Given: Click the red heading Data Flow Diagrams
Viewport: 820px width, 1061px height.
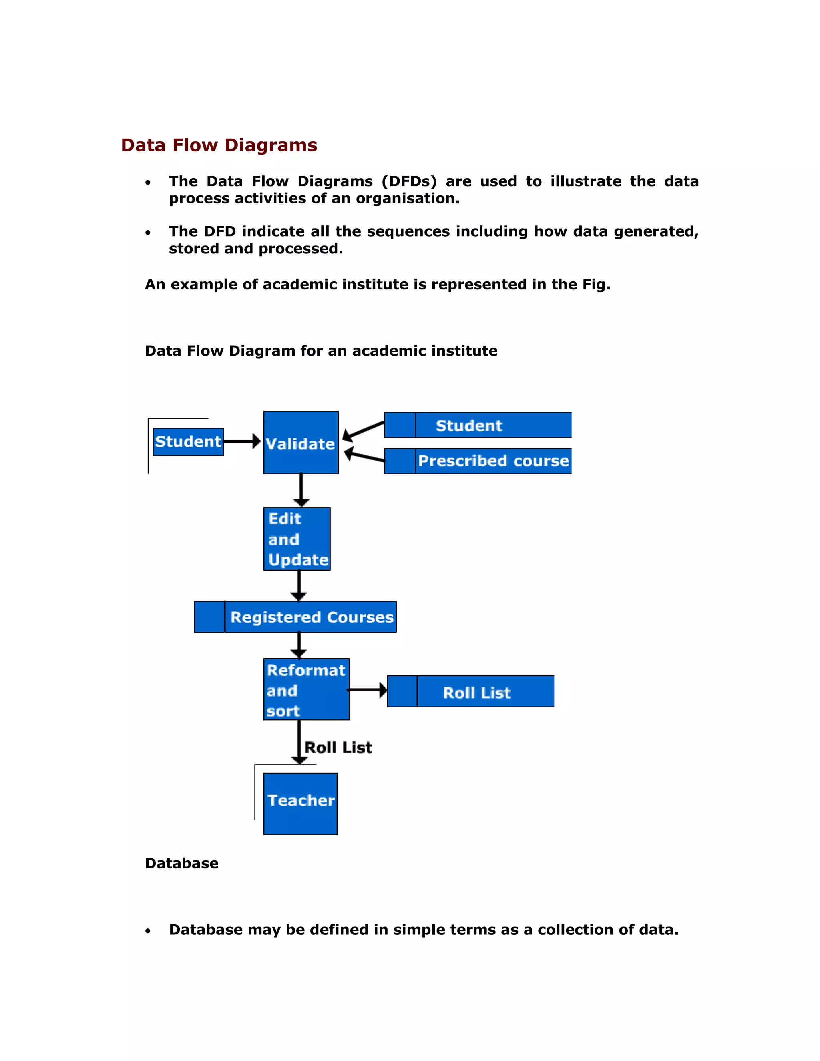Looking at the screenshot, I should coord(219,145).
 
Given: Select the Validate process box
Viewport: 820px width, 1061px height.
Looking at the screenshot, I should coord(301,442).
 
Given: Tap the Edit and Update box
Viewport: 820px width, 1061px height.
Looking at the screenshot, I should coord(297,539).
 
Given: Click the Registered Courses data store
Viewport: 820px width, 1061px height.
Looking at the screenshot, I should coord(295,617).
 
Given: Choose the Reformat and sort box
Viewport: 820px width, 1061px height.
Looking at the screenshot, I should coord(306,689).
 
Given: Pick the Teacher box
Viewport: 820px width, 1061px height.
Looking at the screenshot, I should coord(300,804).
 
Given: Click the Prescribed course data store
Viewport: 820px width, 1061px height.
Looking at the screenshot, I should coord(478,461).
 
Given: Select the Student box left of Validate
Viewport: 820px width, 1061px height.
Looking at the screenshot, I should coord(188,442).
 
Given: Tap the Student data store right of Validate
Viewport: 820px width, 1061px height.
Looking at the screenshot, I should coord(478,425).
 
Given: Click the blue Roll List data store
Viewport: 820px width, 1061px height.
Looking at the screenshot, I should coord(471,691).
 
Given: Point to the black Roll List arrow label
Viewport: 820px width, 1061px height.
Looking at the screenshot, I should coord(338,747).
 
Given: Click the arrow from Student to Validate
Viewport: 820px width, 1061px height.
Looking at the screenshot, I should coord(242,442).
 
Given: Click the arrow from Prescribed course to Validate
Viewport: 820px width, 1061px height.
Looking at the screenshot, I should coord(364,457).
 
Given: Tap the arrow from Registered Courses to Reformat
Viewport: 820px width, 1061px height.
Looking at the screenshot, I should coord(299,645).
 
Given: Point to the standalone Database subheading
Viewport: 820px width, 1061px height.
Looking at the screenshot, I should coord(182,863).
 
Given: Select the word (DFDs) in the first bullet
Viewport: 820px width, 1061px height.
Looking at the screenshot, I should coord(409,181).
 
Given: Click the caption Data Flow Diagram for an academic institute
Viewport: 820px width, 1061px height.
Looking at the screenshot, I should coord(321,351).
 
